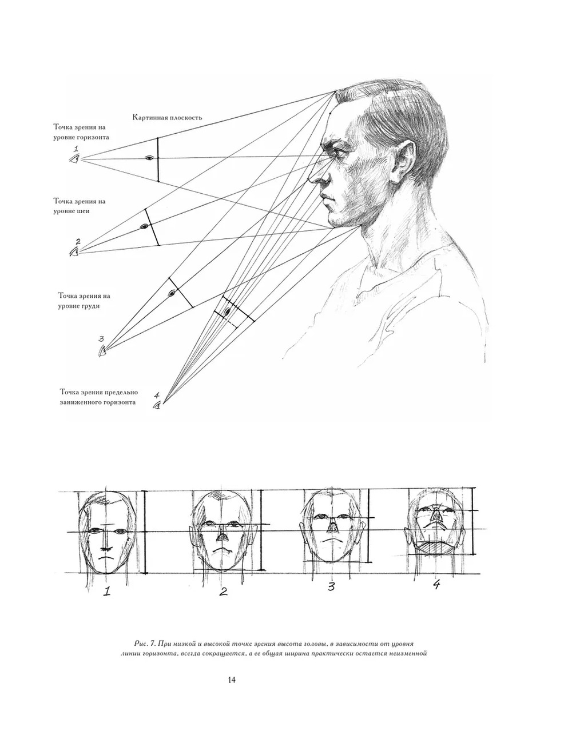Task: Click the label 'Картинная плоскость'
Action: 167,118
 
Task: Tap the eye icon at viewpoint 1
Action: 75,158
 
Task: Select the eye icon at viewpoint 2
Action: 74,252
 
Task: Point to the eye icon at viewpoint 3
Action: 102,351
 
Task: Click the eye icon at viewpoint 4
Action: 157,406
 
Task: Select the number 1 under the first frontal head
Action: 107,591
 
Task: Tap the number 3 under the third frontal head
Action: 331,587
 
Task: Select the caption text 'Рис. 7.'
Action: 146,644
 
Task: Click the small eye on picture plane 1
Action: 149,158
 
